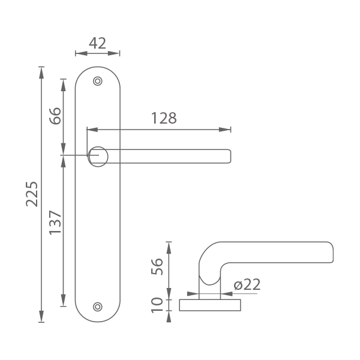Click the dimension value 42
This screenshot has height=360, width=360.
[97, 43]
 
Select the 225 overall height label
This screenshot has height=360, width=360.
[32, 194]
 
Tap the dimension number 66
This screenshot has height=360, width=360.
[56, 116]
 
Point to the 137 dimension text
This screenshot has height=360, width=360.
[55, 223]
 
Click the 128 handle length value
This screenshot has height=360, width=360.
[164, 118]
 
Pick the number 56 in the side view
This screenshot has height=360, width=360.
[157, 266]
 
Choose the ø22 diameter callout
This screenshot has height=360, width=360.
[247, 284]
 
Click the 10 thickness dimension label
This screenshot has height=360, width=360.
[157, 305]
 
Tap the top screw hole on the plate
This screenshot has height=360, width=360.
[98, 81]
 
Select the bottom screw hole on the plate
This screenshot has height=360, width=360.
[98, 307]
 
